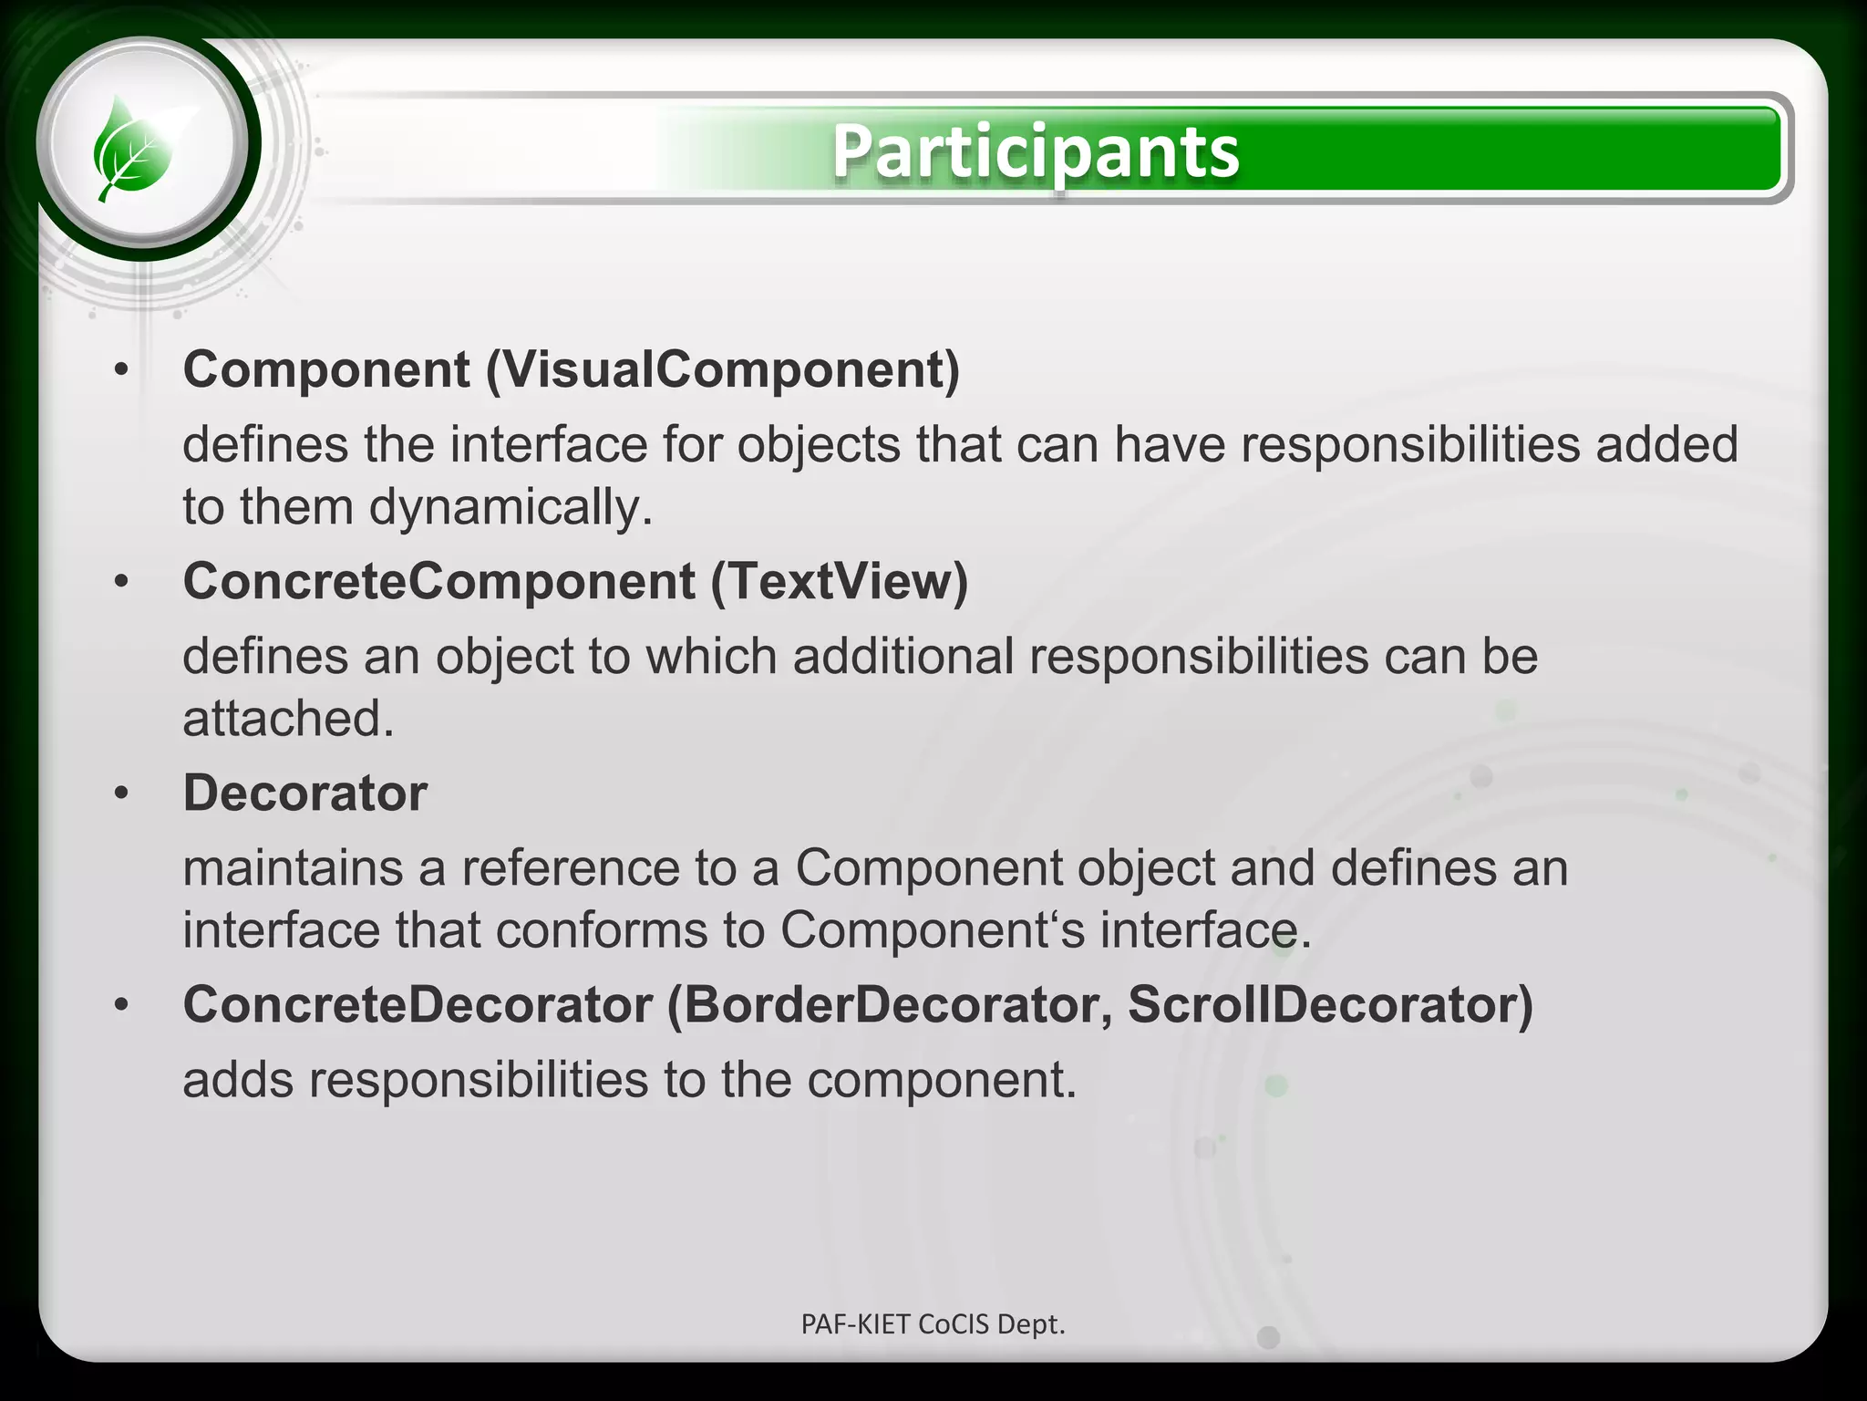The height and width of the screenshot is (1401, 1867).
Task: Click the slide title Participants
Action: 1036,151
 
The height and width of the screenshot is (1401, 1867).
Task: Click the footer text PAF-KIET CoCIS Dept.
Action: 933,1323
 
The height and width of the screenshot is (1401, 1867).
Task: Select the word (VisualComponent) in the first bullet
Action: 723,370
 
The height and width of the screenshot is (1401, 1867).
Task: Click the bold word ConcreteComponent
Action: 439,582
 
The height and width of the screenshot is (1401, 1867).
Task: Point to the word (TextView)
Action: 839,582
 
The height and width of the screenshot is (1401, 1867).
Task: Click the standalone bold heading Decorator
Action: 305,793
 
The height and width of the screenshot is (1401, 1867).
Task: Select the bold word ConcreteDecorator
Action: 418,1005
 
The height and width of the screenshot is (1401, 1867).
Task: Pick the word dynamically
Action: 511,507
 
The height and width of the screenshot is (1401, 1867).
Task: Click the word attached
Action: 288,719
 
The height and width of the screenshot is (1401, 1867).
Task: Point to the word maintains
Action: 293,867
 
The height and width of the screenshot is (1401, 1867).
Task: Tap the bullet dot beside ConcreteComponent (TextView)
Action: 122,582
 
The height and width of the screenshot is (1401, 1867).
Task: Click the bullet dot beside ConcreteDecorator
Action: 122,1005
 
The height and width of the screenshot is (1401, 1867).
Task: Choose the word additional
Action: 903,657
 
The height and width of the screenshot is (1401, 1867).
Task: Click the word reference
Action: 570,867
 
